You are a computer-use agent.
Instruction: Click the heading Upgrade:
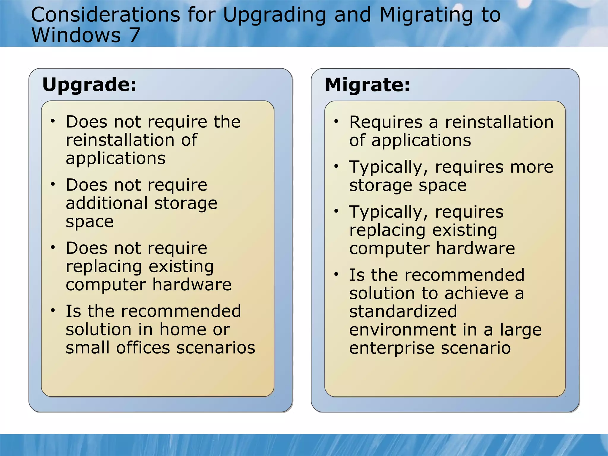89,85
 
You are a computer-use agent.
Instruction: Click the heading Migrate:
368,85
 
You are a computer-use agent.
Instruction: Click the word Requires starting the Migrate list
386,122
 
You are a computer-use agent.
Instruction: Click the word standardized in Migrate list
403,311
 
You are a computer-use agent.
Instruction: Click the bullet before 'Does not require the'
53,121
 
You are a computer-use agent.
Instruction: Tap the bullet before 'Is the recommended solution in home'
53,311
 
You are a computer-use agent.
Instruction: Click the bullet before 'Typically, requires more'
336,166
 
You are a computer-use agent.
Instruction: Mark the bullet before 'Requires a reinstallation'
336,121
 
